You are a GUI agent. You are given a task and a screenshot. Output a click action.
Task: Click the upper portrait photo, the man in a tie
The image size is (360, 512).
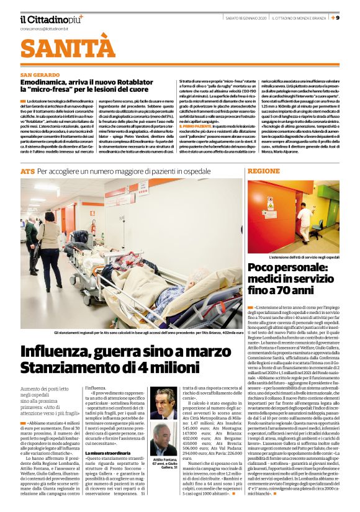point(163,404)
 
